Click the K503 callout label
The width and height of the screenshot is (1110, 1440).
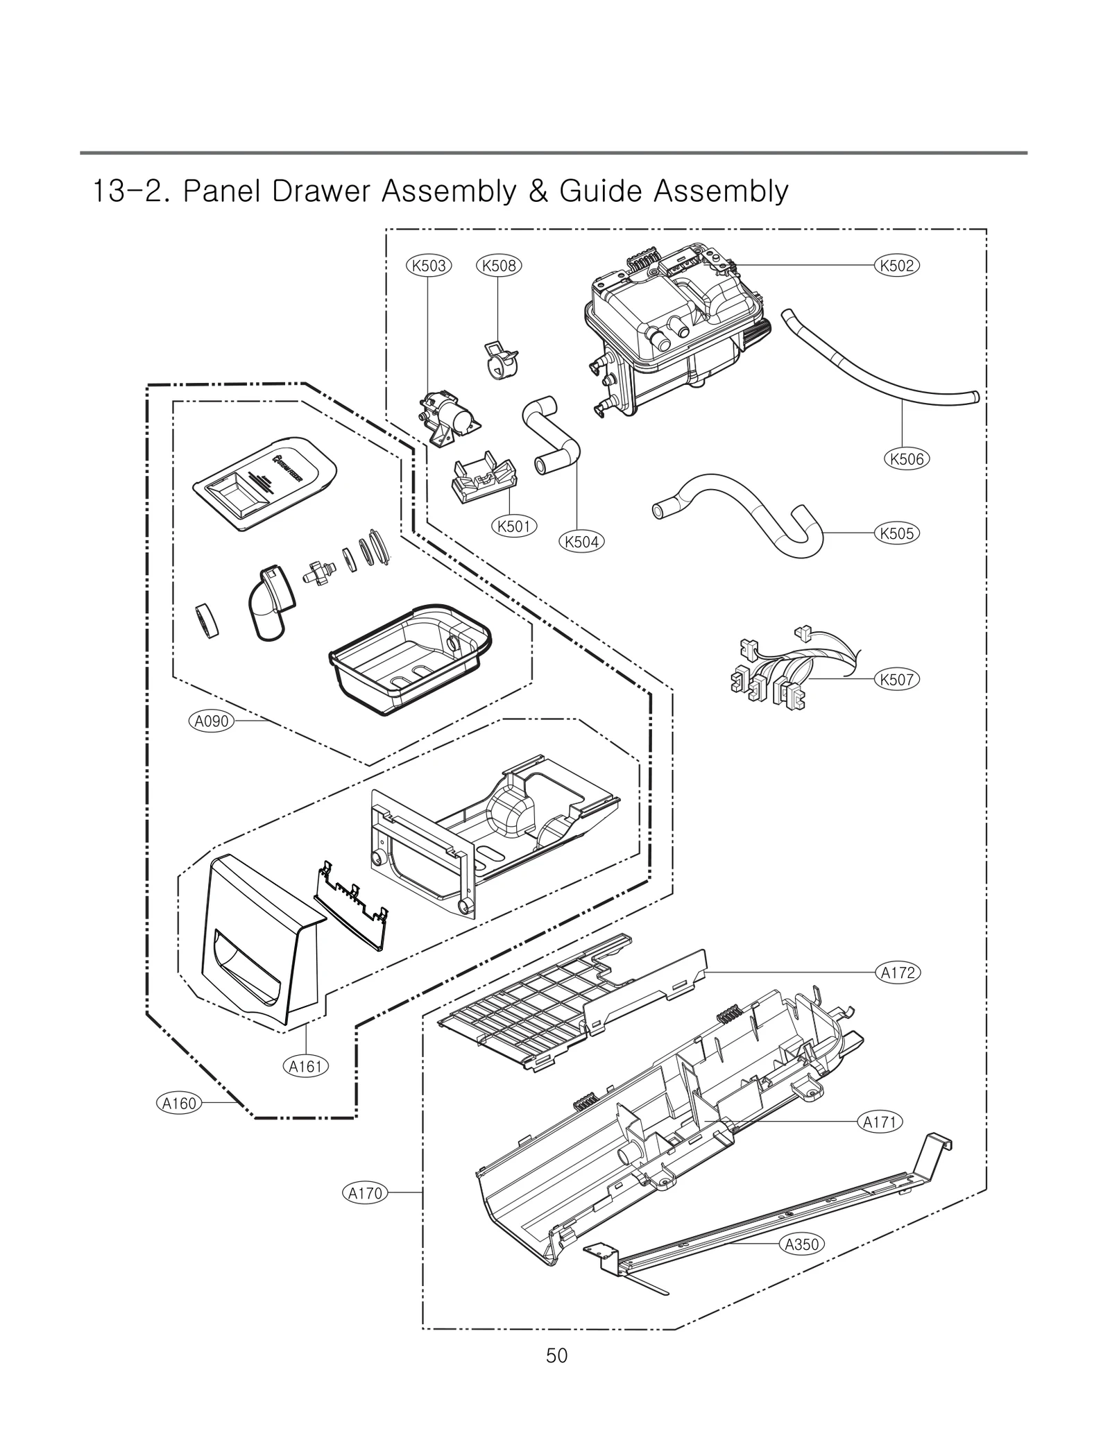[428, 265]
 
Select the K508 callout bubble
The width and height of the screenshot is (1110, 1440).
[499, 265]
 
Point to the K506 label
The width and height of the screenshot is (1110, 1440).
[907, 458]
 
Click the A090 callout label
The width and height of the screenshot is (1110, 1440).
[212, 721]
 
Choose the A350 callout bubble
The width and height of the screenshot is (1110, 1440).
[802, 1244]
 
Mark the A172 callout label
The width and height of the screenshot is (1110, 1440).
[898, 973]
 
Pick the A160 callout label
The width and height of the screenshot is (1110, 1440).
[180, 1103]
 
